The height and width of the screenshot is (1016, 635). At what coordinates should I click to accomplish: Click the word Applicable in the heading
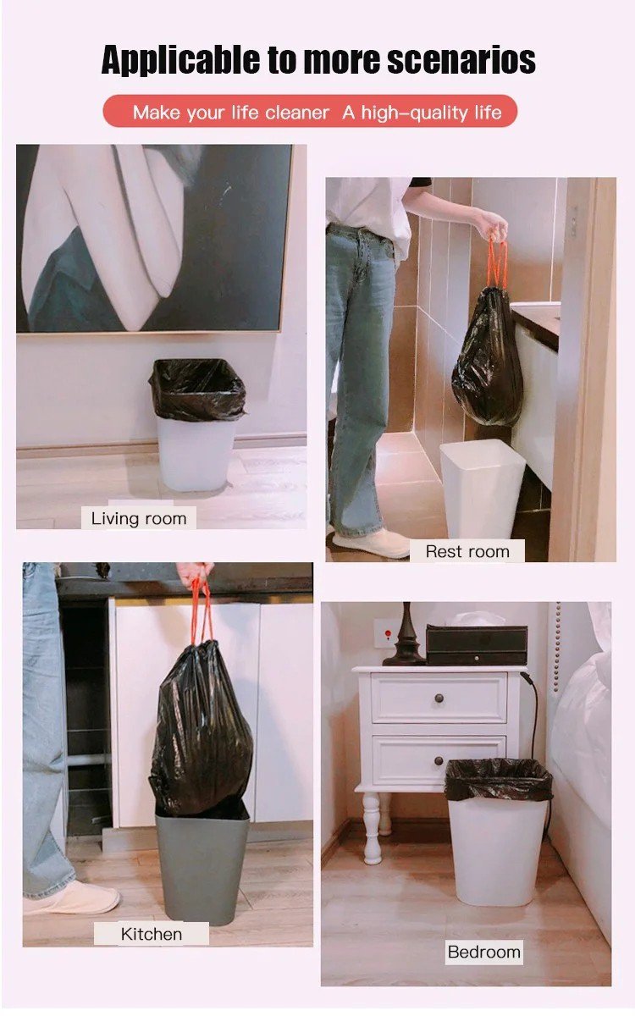(x=180, y=60)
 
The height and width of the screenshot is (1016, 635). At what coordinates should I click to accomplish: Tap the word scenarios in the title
(x=461, y=60)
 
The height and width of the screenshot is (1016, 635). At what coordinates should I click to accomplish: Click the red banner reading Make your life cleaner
(x=310, y=111)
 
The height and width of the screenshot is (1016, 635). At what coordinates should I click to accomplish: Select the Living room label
(x=139, y=518)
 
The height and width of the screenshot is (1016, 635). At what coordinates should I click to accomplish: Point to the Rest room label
(x=467, y=551)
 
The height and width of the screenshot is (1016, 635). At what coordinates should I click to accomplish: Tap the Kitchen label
(x=152, y=934)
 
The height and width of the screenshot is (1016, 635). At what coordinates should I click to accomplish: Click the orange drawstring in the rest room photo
(x=497, y=263)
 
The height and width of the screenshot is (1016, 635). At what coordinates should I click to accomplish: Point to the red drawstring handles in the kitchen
(x=202, y=610)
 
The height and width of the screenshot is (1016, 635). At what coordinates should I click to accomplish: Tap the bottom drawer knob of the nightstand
(x=439, y=760)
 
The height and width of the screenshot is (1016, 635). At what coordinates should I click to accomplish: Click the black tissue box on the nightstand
(x=477, y=645)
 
